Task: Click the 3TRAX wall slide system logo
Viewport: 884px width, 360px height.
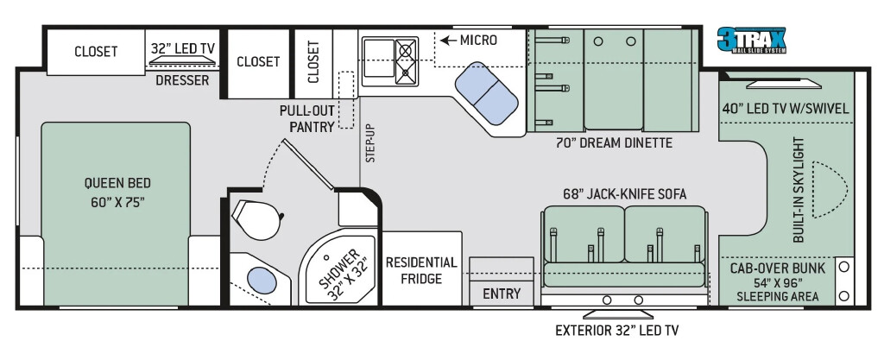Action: tap(751, 40)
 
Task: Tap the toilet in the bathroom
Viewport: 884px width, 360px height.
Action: tap(256, 219)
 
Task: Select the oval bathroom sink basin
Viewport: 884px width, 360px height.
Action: tap(262, 280)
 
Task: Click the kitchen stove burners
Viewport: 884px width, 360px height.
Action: tap(406, 62)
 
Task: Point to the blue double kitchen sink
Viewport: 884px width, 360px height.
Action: tap(487, 93)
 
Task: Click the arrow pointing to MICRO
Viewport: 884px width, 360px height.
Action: tap(448, 41)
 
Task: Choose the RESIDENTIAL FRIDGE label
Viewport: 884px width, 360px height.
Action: tap(421, 270)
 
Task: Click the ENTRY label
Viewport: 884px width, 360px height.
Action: tap(502, 294)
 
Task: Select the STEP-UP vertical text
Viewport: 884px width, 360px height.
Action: tap(370, 143)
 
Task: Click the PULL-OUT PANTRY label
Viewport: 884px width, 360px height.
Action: tap(307, 118)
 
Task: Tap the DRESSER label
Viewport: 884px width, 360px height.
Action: tap(182, 80)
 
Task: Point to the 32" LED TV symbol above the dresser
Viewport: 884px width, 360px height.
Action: tap(182, 60)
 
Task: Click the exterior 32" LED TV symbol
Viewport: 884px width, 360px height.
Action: tap(617, 313)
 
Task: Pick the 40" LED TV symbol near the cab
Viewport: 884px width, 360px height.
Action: tap(784, 84)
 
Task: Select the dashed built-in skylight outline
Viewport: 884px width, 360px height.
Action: tap(830, 190)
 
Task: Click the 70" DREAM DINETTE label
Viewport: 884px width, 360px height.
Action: tap(614, 143)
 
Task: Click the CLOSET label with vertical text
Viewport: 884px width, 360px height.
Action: tap(314, 61)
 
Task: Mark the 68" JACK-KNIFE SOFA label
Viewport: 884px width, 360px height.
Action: tap(624, 194)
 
